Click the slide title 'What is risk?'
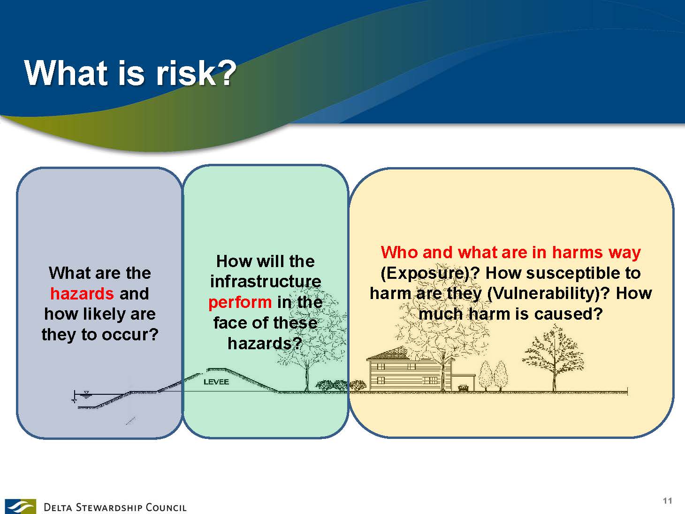click(x=130, y=73)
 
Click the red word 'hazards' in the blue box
click(x=82, y=294)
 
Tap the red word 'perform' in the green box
click(x=240, y=302)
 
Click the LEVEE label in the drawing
click(x=216, y=382)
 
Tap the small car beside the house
click(x=464, y=388)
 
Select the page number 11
click(x=668, y=500)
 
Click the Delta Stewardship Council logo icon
click(x=20, y=506)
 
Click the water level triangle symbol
click(x=86, y=393)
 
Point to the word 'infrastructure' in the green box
click(x=266, y=282)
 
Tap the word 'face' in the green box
click(x=230, y=322)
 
